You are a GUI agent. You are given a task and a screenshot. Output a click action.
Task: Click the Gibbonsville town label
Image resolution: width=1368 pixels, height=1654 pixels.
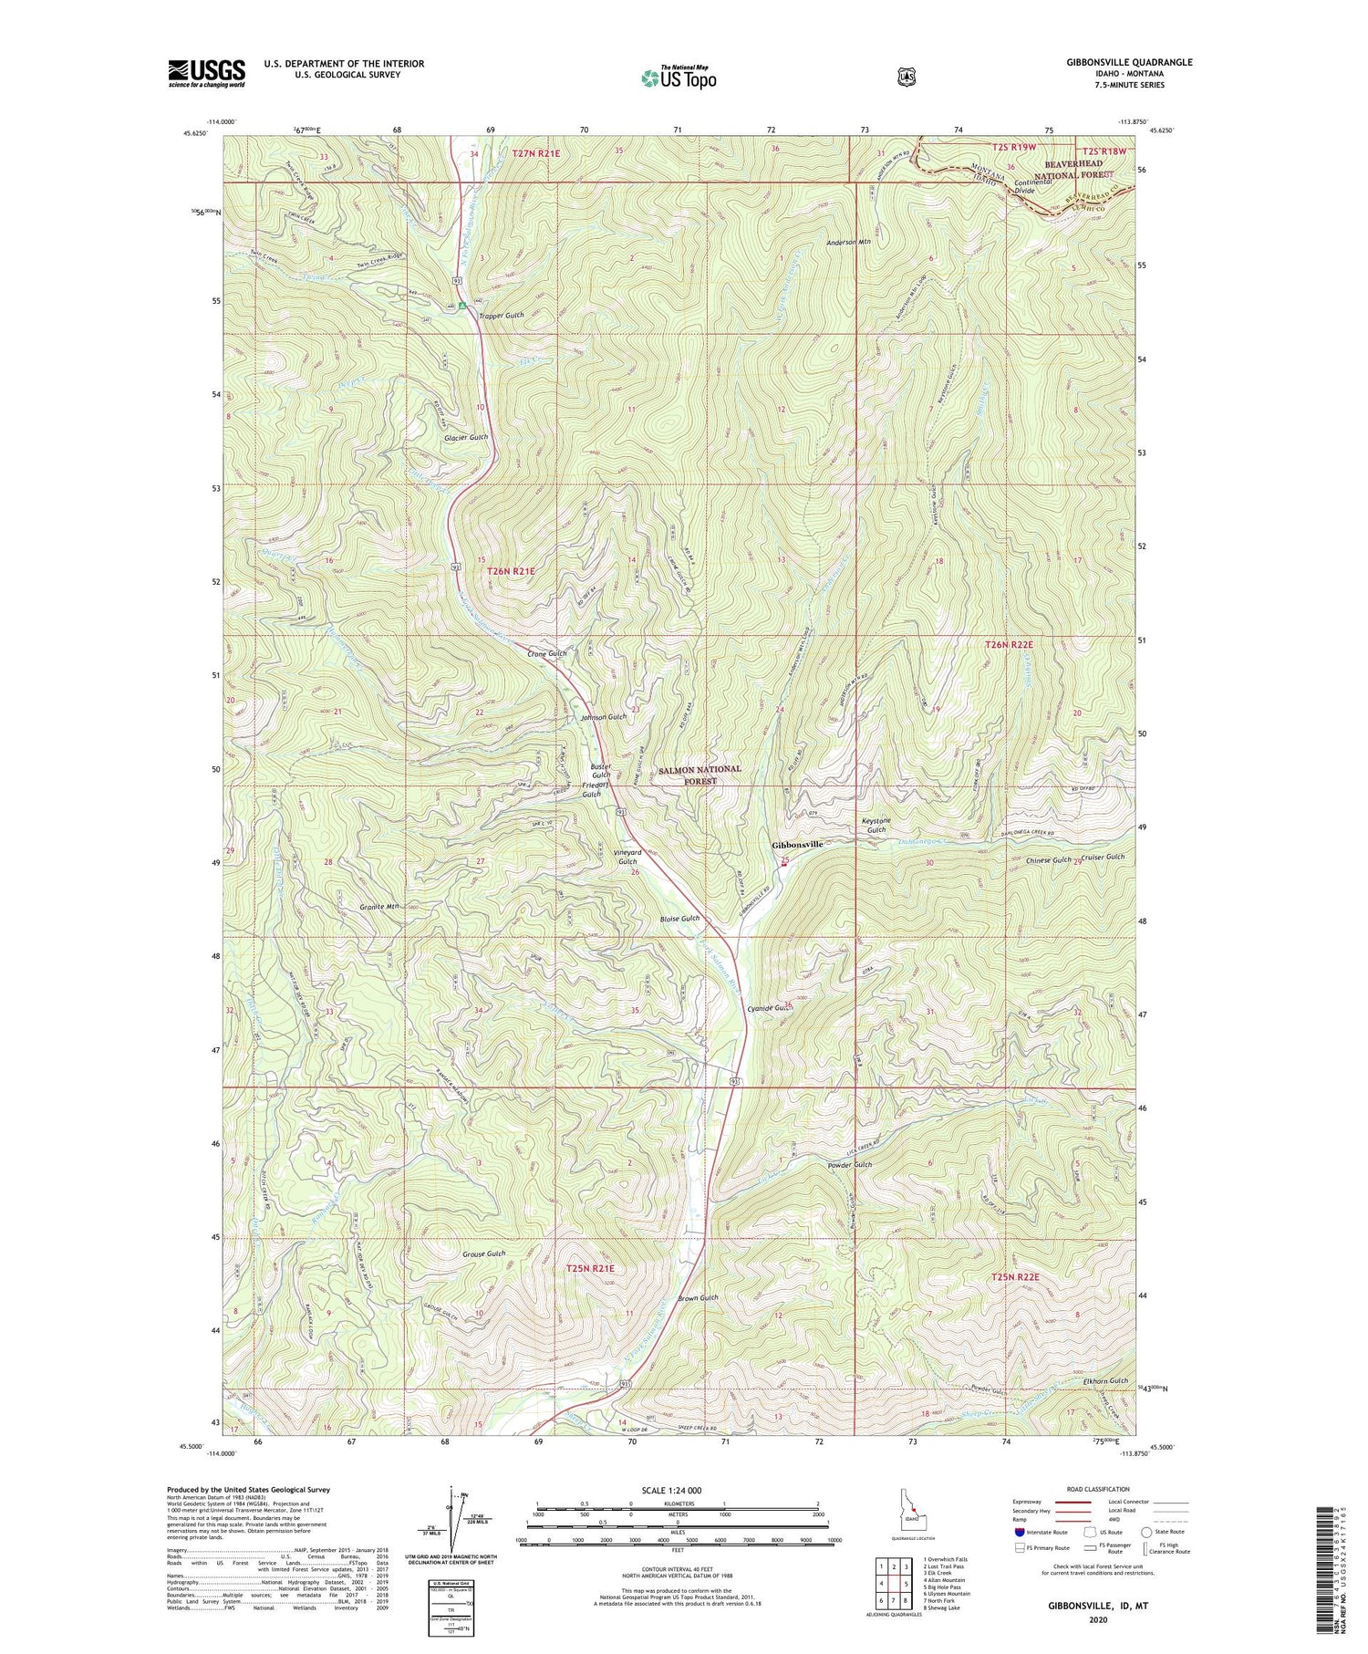[797, 845]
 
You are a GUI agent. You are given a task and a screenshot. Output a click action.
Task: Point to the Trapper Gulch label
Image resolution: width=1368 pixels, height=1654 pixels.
[500, 315]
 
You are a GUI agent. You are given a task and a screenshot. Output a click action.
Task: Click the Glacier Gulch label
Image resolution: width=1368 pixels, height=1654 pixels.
[466, 437]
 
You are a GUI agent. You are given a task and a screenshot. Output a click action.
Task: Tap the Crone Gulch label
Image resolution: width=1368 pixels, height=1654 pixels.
[547, 654]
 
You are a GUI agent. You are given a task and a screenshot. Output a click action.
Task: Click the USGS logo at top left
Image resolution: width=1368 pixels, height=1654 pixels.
[207, 72]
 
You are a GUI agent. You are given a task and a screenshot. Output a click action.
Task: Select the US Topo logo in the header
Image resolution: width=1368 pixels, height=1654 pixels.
[679, 78]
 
